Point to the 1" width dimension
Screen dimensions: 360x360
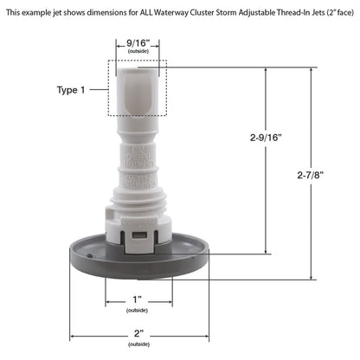click(x=135, y=299)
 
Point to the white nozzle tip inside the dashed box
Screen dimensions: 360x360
click(x=137, y=91)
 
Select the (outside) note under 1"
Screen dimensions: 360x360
click(x=136, y=310)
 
